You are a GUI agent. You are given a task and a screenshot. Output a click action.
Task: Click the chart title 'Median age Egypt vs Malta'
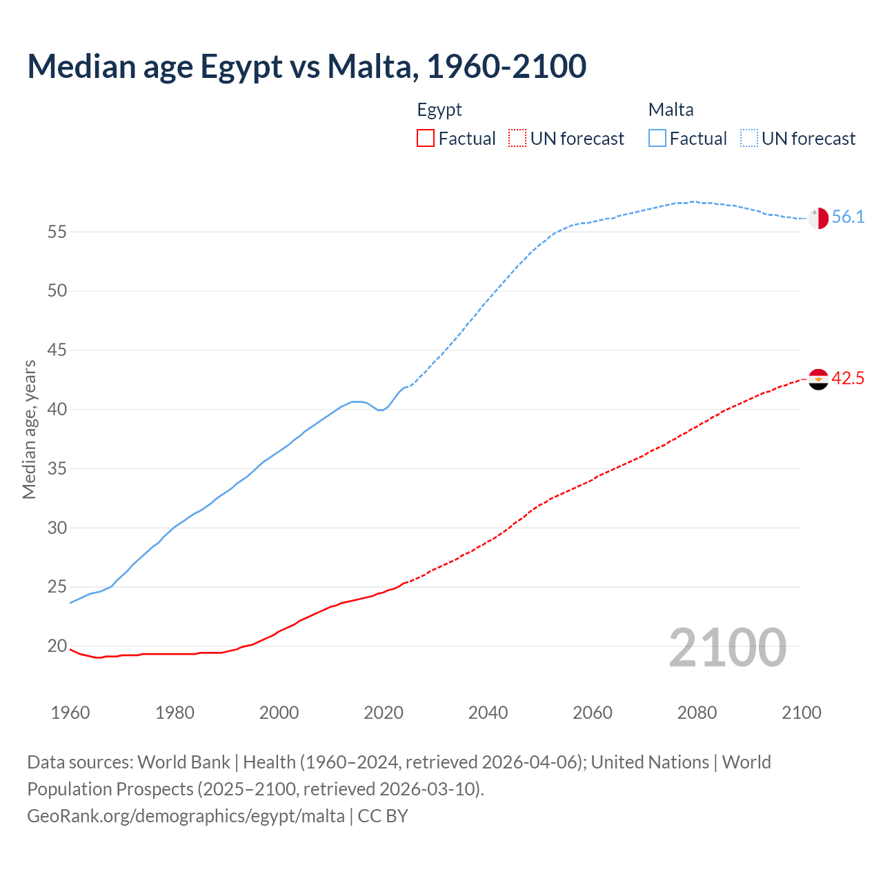coord(307,66)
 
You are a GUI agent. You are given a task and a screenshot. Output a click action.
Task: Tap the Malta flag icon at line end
coord(818,217)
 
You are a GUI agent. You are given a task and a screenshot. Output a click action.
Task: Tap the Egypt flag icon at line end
coord(818,379)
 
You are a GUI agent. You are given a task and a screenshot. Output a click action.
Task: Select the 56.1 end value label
coord(848,217)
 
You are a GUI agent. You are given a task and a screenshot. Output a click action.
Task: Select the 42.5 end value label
coord(848,379)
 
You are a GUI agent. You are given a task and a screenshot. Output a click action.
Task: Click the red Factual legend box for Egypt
coord(426,139)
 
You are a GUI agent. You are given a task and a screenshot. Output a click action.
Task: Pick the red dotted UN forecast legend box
coord(517,139)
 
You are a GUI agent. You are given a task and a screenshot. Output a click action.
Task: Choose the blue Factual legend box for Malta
coord(657,139)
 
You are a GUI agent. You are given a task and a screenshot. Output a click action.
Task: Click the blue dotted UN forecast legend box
coord(749,139)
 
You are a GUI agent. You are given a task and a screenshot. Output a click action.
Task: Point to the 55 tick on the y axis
coord(57,232)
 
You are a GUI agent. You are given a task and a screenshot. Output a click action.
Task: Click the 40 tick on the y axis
coord(57,410)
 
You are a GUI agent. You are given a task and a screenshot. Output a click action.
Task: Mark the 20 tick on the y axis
coord(57,646)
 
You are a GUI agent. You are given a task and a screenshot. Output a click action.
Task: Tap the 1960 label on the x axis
coord(70,713)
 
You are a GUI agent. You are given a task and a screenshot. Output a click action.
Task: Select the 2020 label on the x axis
coord(384,713)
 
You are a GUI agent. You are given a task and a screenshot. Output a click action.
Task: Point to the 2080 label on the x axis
coord(697,713)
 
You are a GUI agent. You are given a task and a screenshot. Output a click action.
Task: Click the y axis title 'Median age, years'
coord(29,429)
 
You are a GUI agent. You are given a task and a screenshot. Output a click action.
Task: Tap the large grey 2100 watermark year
coord(727,648)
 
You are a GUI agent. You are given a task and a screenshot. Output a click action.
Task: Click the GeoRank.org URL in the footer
coord(186,816)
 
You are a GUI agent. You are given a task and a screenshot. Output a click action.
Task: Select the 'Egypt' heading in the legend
coord(439,110)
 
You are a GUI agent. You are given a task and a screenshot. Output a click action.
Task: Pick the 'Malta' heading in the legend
coord(671,110)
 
